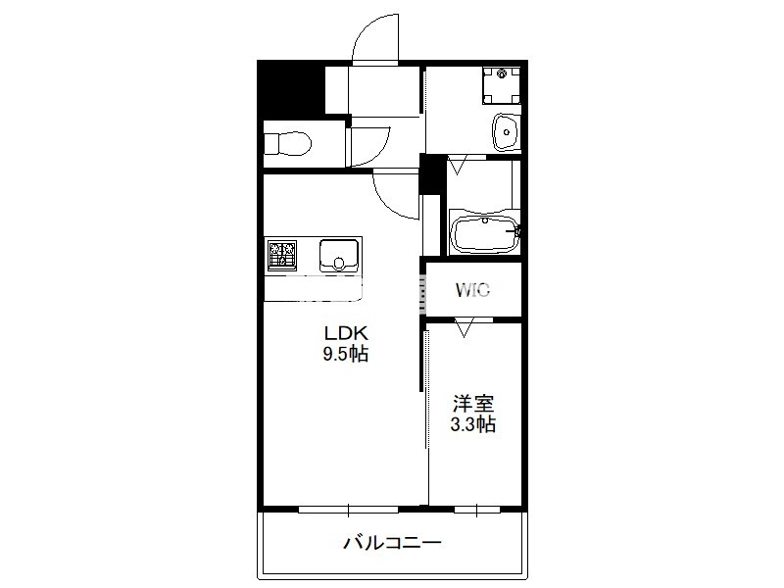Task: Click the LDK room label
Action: pyautogui.click(x=346, y=333)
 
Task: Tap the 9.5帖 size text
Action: pyautogui.click(x=346, y=354)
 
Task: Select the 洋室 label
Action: pyautogui.click(x=473, y=403)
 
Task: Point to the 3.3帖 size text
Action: pyautogui.click(x=473, y=424)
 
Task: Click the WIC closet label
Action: pyautogui.click(x=472, y=290)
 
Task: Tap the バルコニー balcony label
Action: pyautogui.click(x=393, y=542)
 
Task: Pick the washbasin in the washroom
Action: pyautogui.click(x=506, y=132)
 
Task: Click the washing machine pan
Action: pyautogui.click(x=502, y=85)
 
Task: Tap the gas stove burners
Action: pyautogui.click(x=282, y=255)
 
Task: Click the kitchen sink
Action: pyautogui.click(x=339, y=256)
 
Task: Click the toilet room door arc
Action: pyautogui.click(x=378, y=152)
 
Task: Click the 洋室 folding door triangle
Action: pyautogui.click(x=464, y=328)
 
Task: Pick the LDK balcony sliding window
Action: pyautogui.click(x=349, y=510)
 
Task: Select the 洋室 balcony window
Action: pyautogui.click(x=477, y=510)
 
